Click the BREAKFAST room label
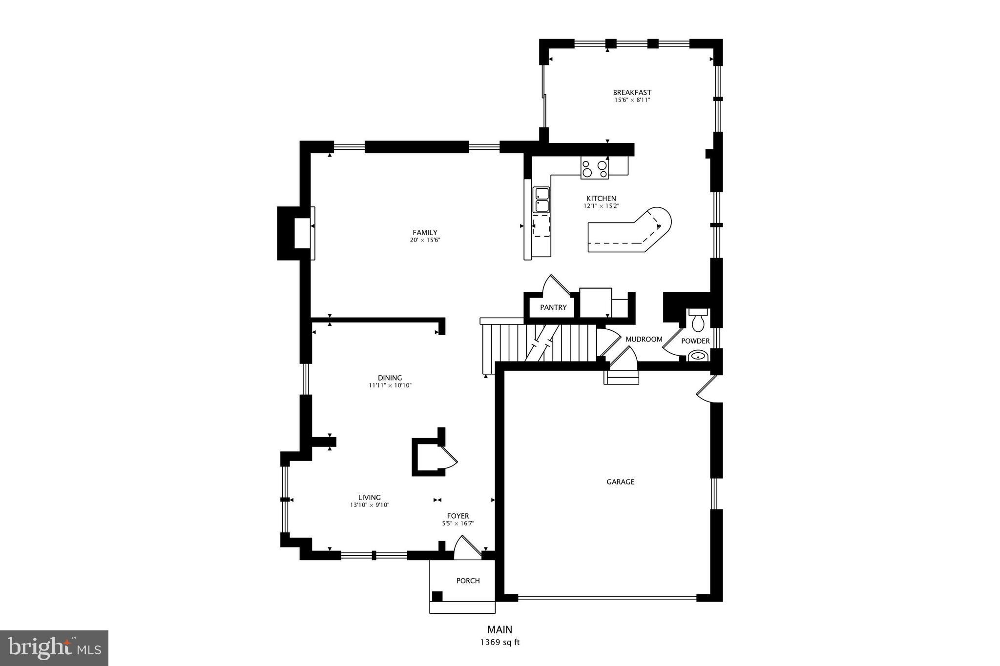(x=632, y=92)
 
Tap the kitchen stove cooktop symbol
(x=594, y=168)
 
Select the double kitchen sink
(x=541, y=200)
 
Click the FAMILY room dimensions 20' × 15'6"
(x=425, y=240)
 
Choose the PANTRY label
(x=553, y=307)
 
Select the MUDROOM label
(x=644, y=339)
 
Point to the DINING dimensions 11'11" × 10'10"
(x=390, y=385)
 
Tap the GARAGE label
(x=620, y=482)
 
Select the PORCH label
(x=468, y=581)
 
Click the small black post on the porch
(x=437, y=596)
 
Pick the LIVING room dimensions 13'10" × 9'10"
(x=369, y=505)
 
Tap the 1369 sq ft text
(x=500, y=642)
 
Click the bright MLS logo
(x=54, y=648)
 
